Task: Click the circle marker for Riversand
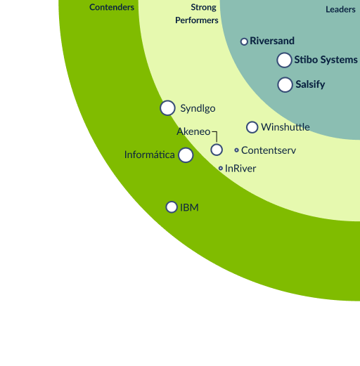pyautogui.click(x=244, y=41)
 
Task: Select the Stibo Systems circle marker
pyautogui.click(x=284, y=60)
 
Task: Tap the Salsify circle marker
pyautogui.click(x=285, y=84)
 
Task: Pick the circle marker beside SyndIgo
pyautogui.click(x=167, y=108)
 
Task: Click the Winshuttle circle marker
pyautogui.click(x=252, y=127)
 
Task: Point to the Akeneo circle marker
pyautogui.click(x=217, y=150)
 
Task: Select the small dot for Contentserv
pyautogui.click(x=236, y=150)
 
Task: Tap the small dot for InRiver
pyautogui.click(x=221, y=168)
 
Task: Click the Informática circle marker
pyautogui.click(x=186, y=155)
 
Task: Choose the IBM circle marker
pyautogui.click(x=172, y=207)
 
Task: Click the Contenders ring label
pyautogui.click(x=112, y=7)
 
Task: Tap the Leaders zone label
pyautogui.click(x=340, y=9)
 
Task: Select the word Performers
pyautogui.click(x=197, y=20)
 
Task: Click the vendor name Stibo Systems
pyautogui.click(x=326, y=60)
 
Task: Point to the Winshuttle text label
pyautogui.click(x=285, y=127)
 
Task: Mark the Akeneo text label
pyautogui.click(x=193, y=131)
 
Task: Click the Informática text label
pyautogui.click(x=150, y=155)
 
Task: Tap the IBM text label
pyautogui.click(x=189, y=207)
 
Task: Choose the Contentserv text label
pyautogui.click(x=269, y=150)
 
